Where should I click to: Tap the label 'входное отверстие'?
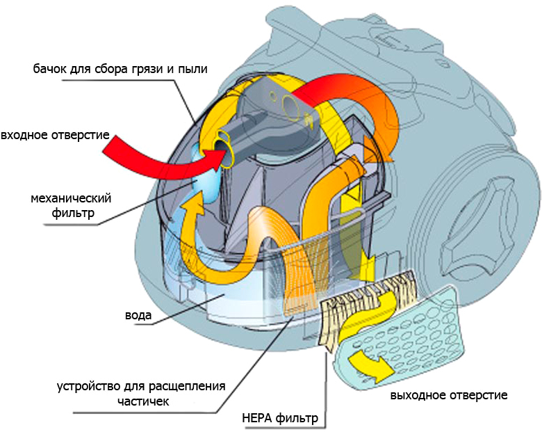click(x=55, y=134)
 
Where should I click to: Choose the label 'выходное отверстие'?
click(x=448, y=394)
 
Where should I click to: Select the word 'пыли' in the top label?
click(x=194, y=70)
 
